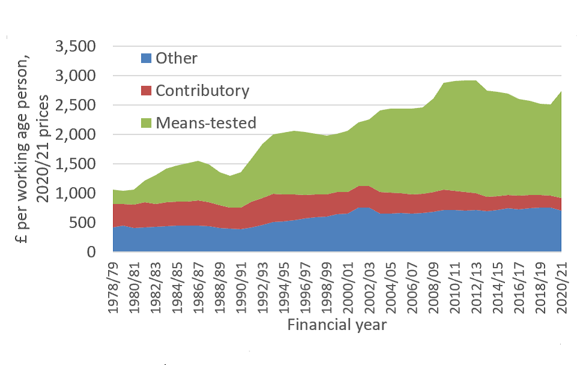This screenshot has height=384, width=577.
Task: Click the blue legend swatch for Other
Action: click(x=146, y=59)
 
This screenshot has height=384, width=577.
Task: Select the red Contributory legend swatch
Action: click(x=146, y=91)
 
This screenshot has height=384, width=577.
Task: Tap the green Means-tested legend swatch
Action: click(x=146, y=123)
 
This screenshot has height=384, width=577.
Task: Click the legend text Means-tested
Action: click(x=206, y=123)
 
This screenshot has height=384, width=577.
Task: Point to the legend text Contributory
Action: click(x=202, y=91)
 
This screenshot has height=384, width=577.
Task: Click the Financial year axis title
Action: click(x=337, y=326)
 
